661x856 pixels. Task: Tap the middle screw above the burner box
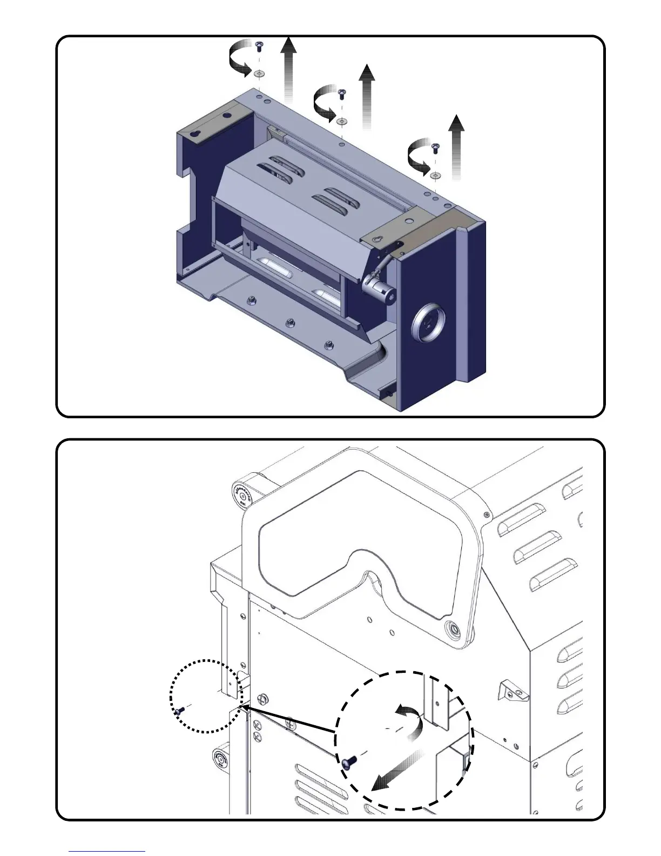(341, 94)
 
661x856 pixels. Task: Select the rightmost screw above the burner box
(435, 146)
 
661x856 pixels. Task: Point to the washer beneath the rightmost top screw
(435, 175)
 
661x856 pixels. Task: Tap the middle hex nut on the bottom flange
(290, 323)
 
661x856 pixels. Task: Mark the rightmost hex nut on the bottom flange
(328, 345)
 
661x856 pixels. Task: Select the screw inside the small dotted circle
(179, 711)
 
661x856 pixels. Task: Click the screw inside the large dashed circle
(348, 763)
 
